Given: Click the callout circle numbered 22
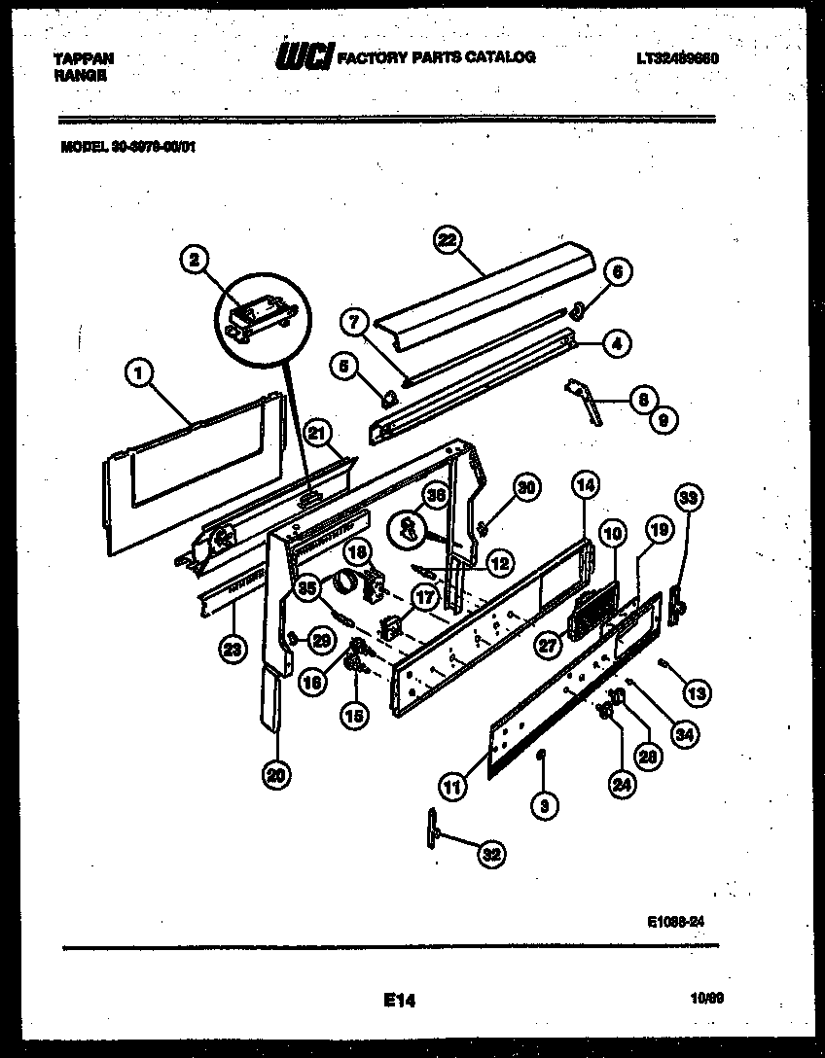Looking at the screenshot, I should point(448,241).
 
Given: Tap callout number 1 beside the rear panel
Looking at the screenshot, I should point(140,370).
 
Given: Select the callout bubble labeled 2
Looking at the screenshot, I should point(196,260).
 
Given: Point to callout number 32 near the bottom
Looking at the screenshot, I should point(492,855).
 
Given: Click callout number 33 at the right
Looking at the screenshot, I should point(689,500).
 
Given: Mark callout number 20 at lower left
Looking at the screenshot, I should point(276,776).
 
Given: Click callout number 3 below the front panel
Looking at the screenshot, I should point(544,803).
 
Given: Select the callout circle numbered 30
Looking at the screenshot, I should point(524,488).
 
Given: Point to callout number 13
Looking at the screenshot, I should point(696,692).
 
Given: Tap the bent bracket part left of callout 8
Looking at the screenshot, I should point(586,398).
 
